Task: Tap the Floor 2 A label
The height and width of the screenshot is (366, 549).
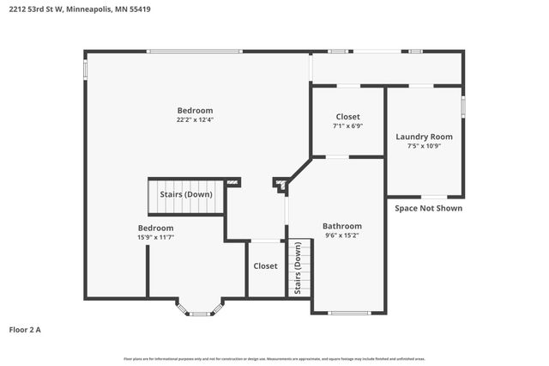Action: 25,329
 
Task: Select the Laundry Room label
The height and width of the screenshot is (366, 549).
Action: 424,137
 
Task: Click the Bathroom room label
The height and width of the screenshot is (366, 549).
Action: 342,226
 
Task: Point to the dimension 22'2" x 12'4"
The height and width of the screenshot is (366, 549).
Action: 195,120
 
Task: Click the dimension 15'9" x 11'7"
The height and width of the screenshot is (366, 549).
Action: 155,237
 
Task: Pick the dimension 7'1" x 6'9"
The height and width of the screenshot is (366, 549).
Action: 347,125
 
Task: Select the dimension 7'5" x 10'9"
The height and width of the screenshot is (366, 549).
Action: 424,146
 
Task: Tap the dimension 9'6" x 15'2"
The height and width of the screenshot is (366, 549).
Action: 342,235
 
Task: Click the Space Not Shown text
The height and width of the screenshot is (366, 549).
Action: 428,208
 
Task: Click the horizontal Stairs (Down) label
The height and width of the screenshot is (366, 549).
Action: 186,194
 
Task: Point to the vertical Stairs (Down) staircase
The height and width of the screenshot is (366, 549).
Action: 299,268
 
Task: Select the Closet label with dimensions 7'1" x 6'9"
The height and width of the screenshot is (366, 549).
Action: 347,116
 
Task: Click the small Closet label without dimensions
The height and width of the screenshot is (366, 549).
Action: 265,266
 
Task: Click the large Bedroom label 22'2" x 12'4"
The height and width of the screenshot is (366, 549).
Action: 195,110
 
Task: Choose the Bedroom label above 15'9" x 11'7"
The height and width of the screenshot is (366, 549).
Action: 155,228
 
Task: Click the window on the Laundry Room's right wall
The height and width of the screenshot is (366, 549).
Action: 463,107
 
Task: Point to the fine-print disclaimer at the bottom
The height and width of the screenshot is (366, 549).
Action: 274,358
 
